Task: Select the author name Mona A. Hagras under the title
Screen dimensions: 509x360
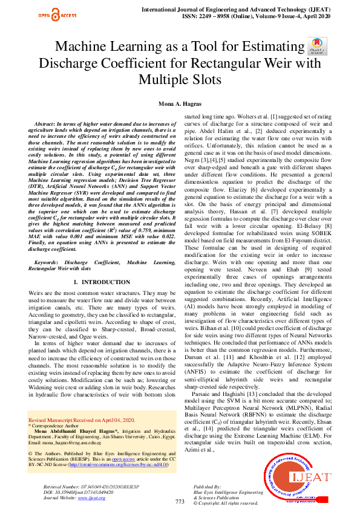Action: [x=180, y=104]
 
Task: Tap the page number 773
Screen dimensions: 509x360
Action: [x=180, y=501]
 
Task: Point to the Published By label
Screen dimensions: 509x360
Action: [x=207, y=486]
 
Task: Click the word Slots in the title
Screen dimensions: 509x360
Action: [x=202, y=79]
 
